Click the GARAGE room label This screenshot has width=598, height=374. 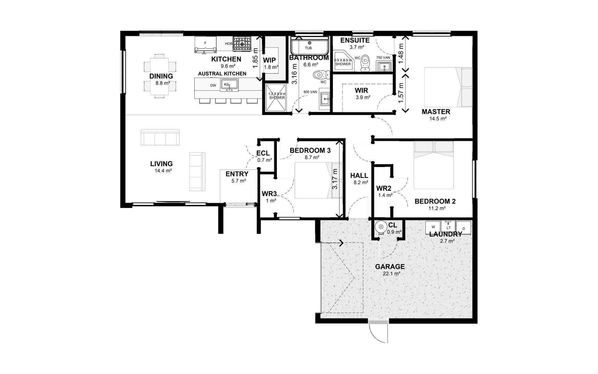(x=390, y=267)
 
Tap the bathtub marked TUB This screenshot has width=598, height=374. (x=309, y=46)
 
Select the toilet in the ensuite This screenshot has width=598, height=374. (x=365, y=63)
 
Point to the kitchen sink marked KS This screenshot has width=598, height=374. (x=229, y=85)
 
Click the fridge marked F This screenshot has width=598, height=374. (x=205, y=45)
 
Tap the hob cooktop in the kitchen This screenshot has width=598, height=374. (x=242, y=44)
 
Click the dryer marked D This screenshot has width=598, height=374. (x=463, y=228)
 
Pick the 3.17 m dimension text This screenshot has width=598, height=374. (x=335, y=179)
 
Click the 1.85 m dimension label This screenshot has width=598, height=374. (x=256, y=58)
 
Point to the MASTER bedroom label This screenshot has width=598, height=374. (x=436, y=112)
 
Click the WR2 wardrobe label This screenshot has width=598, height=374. (x=384, y=188)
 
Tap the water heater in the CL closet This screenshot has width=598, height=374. (x=381, y=227)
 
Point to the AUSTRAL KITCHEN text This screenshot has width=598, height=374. (x=222, y=74)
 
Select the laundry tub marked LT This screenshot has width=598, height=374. (x=448, y=226)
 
